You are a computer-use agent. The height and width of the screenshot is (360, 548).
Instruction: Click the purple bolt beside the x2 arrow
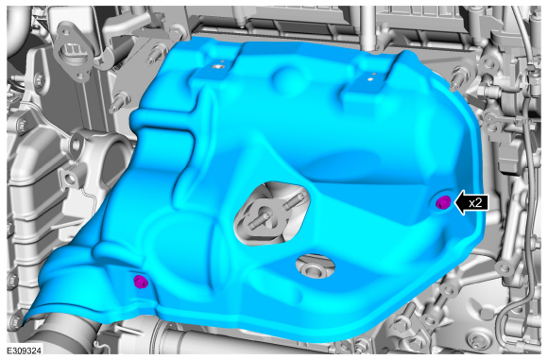[443, 202]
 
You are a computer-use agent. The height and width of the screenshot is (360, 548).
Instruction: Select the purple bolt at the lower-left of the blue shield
[141, 282]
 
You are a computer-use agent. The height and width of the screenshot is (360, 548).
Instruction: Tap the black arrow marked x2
[471, 203]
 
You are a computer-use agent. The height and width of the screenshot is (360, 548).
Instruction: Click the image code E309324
[24, 351]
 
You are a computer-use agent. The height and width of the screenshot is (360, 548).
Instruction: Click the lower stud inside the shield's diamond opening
[260, 221]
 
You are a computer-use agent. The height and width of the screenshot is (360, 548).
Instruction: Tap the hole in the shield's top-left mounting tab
[219, 65]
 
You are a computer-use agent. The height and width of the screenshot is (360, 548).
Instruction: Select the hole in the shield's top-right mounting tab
[370, 79]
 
